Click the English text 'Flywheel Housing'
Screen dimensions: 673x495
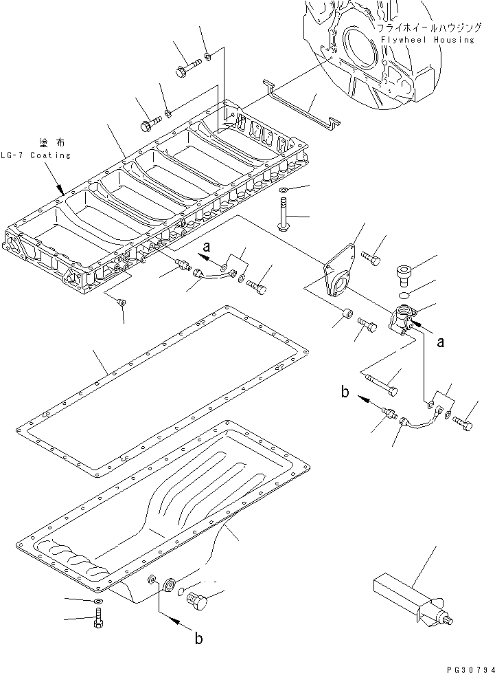coord(424,40)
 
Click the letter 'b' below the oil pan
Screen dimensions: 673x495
coord(198,638)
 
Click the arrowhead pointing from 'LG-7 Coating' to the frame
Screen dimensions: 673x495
coord(60,188)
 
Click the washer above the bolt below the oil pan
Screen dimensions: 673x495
coord(97,603)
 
